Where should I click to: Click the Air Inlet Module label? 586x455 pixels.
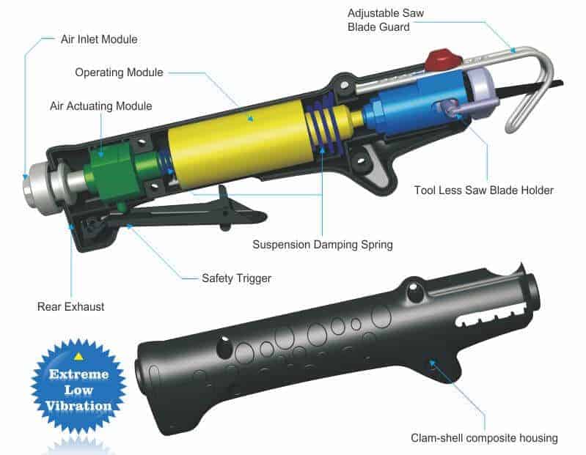tap(99, 39)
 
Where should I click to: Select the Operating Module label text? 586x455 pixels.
tap(120, 73)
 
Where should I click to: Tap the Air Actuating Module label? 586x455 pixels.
tap(101, 106)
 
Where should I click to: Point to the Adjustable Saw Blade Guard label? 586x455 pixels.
tap(386, 20)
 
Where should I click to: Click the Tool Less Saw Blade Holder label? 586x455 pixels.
tap(483, 190)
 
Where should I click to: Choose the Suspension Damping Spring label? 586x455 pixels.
tap(323, 245)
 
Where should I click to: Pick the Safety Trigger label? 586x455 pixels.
tap(237, 278)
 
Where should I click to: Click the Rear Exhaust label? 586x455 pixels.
tap(70, 306)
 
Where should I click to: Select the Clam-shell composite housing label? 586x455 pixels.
tap(484, 438)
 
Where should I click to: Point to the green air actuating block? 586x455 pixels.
tap(112, 170)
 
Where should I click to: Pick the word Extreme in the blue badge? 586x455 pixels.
tap(79, 374)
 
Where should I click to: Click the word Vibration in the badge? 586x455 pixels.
tap(78, 406)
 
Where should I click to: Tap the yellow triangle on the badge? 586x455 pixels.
tap(78, 357)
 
